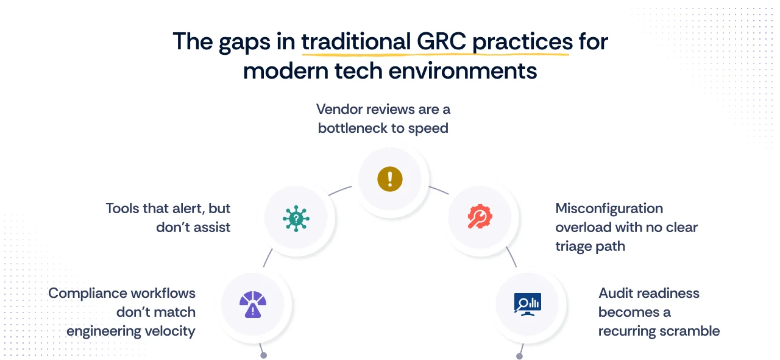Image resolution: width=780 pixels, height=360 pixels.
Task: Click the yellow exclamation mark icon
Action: click(x=389, y=179)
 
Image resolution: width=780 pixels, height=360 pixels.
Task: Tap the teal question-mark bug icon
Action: click(x=296, y=217)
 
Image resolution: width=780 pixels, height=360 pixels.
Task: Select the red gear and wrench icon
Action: click(x=480, y=217)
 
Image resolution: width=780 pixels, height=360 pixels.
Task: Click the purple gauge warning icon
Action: click(x=252, y=303)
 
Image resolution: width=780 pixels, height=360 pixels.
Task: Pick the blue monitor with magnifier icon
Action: click(x=527, y=303)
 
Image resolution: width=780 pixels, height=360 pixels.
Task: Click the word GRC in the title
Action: click(x=441, y=41)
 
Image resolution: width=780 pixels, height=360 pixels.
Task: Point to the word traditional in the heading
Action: click(x=355, y=41)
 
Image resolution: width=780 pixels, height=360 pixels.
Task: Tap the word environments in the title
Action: click(x=463, y=71)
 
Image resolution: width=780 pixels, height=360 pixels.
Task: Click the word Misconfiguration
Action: click(x=609, y=208)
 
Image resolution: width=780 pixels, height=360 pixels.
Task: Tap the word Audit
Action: click(x=615, y=293)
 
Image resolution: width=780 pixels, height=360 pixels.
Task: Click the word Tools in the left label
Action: click(x=122, y=208)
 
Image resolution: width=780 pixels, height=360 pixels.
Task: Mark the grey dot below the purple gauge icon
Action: click(x=263, y=355)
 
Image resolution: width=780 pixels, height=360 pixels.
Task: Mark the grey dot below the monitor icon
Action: click(x=519, y=356)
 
